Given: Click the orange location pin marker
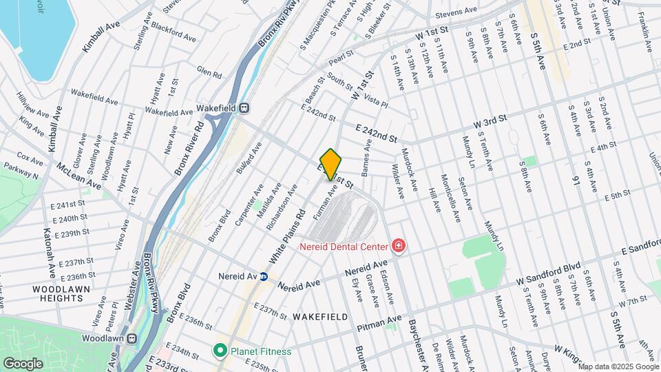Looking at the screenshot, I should point(331,164).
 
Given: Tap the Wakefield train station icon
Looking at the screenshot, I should point(244,108).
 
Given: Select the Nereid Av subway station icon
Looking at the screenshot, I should point(263,277).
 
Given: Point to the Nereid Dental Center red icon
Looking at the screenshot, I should point(397,245).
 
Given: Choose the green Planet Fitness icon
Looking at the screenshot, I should point(220,351).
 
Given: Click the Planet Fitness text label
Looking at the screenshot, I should point(261,351).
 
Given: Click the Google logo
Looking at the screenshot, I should point(23,363).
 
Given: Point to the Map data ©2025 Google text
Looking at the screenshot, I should point(619,366).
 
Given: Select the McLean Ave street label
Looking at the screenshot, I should point(78,176).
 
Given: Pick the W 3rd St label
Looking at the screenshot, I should point(490,122).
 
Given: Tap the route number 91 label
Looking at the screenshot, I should point(576,180).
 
